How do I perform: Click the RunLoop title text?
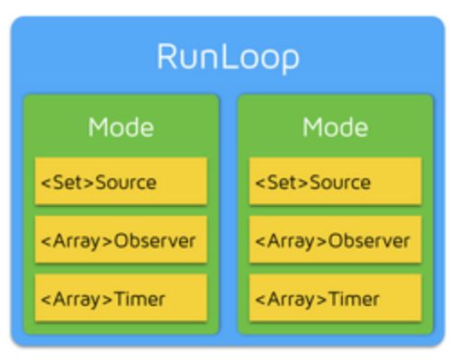point(229,58)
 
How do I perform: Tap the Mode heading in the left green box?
point(121,127)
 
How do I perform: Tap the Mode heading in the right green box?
point(335,127)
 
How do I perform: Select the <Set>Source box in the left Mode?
point(121,181)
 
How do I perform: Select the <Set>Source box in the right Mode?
point(336,181)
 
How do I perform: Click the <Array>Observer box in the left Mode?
point(121,239)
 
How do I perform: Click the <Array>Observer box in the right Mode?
point(336,239)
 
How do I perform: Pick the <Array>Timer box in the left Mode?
point(121,297)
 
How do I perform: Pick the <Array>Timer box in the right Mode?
point(336,297)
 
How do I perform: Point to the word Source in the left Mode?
point(126,182)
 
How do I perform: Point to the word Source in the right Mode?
point(340,182)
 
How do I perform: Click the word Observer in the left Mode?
point(155,240)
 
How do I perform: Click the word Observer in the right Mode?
point(369,240)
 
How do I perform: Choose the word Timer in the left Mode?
point(139,299)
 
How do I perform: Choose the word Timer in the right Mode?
point(354,299)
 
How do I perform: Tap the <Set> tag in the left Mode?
point(67,182)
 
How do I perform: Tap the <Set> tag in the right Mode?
point(282,182)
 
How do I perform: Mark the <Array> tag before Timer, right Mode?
point(291,300)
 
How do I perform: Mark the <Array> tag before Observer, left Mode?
point(76,241)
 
